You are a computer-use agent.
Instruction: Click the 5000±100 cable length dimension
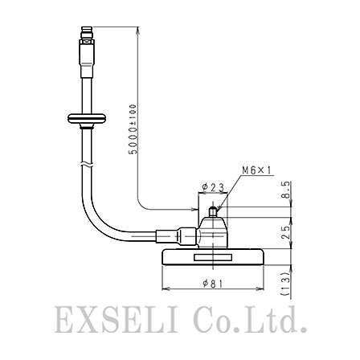coord(133,129)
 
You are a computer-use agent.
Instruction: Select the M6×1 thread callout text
coord(257,170)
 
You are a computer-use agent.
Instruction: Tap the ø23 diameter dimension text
coord(214,187)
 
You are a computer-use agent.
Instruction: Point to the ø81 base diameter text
coord(213,283)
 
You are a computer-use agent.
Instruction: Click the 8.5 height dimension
coord(286,190)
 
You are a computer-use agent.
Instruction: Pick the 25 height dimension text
coord(286,232)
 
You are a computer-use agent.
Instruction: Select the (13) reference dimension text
coord(286,284)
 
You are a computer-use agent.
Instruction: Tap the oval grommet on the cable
coord(87,119)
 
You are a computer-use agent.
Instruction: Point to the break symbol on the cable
coord(87,164)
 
